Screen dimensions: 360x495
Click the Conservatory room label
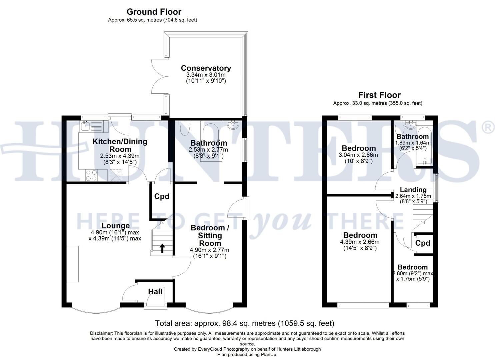[206, 68]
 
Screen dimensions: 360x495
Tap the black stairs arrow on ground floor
[162, 248]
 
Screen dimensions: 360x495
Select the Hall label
[155, 292]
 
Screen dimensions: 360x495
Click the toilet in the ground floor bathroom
[184, 128]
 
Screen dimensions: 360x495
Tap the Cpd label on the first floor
[423, 243]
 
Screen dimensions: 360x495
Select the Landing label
[413, 190]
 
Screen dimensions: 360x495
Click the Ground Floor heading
[154, 12]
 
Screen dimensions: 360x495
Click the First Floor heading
[379, 95]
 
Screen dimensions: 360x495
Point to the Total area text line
[244, 323]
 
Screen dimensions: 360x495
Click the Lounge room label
[116, 226]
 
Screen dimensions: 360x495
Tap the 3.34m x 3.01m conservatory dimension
[206, 75]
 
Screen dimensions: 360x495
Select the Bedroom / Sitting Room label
[210, 235]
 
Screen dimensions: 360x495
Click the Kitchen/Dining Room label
[120, 145]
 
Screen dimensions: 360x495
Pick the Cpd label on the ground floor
[162, 196]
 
